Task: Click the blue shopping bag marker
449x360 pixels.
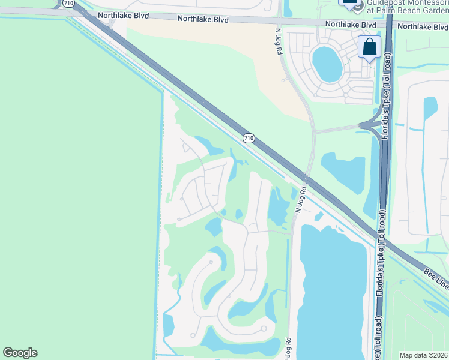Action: [x=369, y=46]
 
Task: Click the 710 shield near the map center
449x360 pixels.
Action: [x=249, y=139]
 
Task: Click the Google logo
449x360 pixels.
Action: [x=20, y=353]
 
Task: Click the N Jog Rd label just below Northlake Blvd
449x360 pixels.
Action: [x=279, y=42]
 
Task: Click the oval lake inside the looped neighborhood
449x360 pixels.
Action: [x=326, y=64]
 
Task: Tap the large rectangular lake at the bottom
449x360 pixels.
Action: [x=332, y=288]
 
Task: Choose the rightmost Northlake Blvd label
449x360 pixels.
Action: [x=423, y=26]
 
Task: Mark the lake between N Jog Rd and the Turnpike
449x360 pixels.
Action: [x=343, y=173]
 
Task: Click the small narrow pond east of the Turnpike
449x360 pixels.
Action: [x=430, y=108]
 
